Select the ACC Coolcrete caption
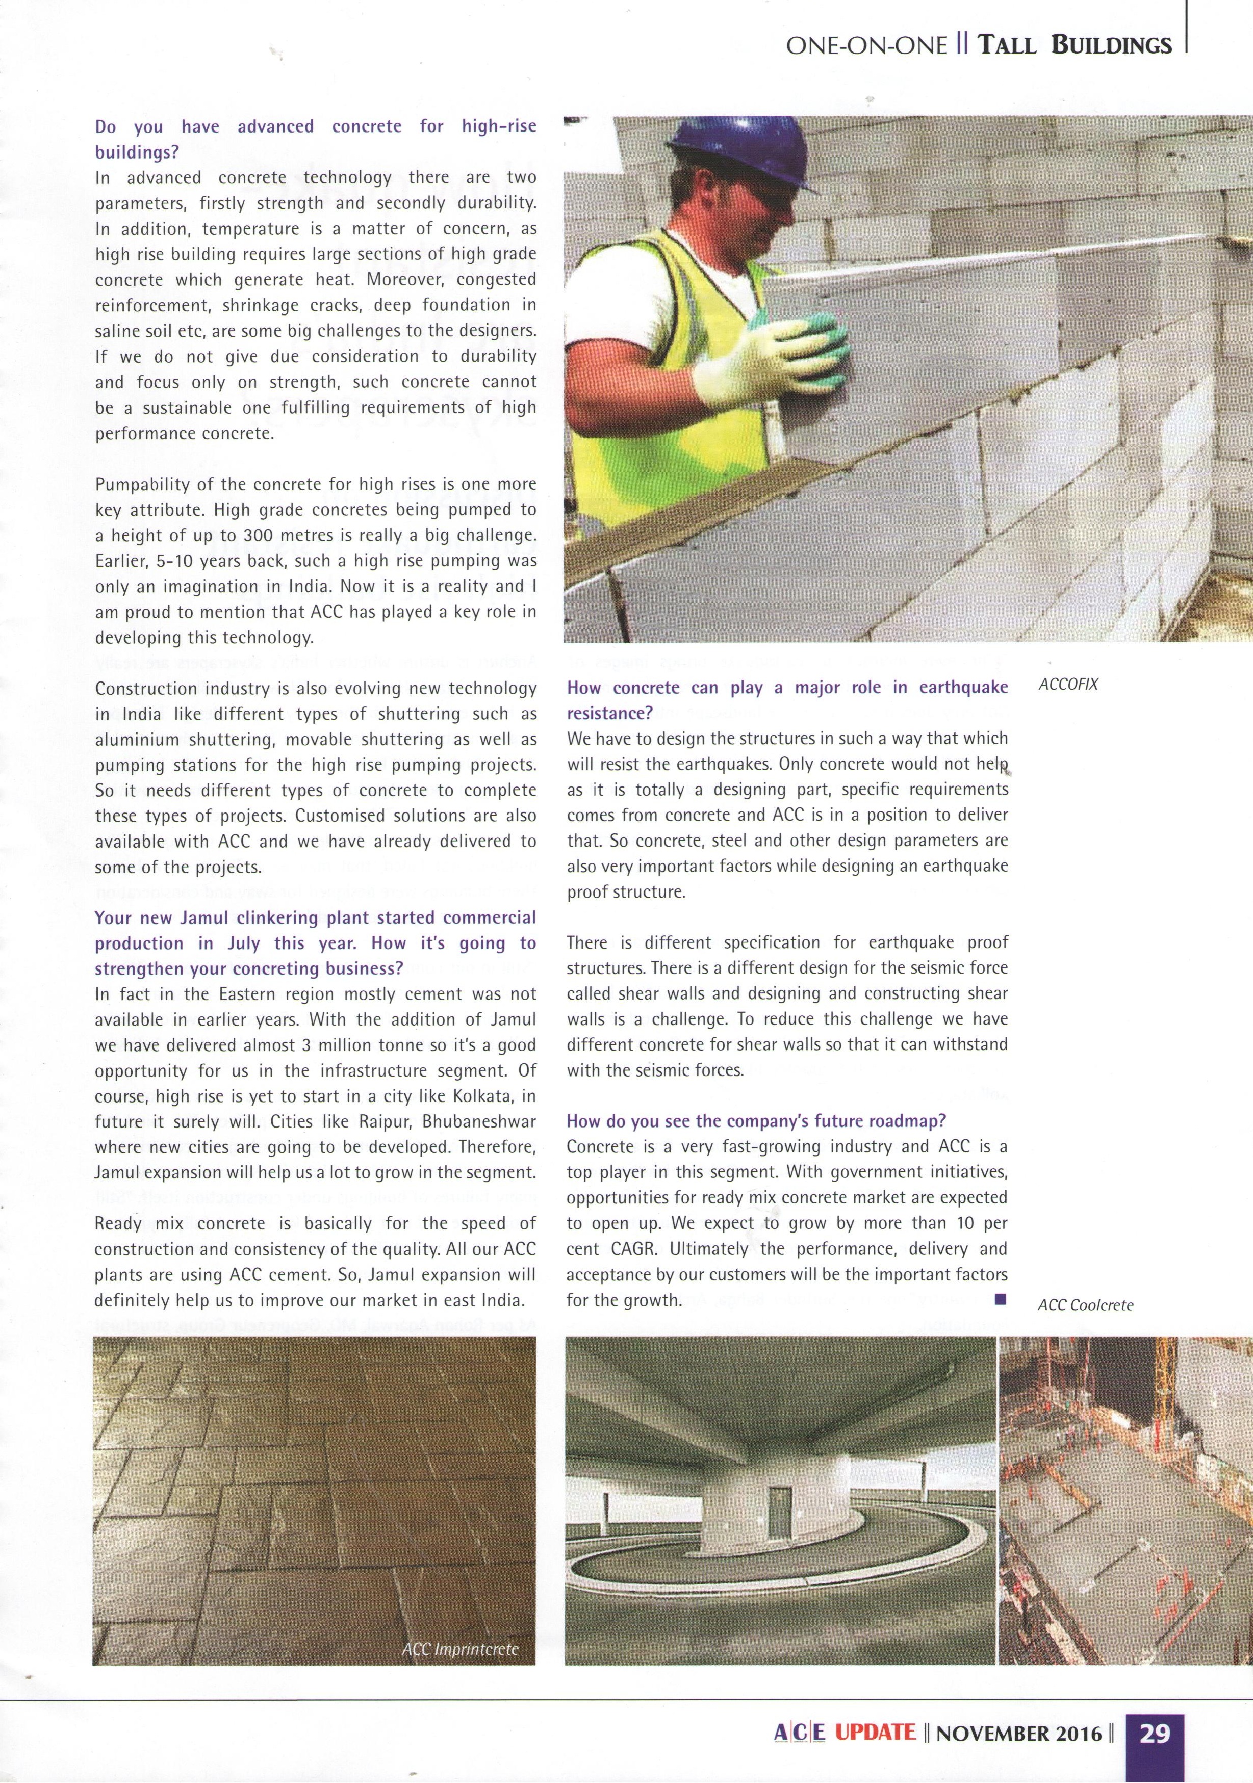(x=1085, y=1305)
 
